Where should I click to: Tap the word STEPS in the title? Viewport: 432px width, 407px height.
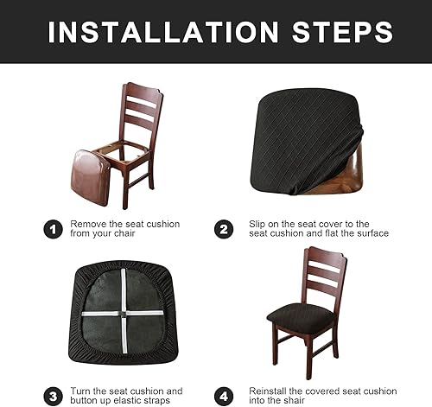coord(339,32)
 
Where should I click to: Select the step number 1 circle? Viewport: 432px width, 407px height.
coord(52,229)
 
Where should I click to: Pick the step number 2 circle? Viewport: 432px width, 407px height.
coord(224,229)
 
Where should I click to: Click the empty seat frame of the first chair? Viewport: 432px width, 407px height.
coord(121,156)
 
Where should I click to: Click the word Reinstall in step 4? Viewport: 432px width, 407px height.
coord(270,391)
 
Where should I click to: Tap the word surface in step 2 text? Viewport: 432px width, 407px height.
coord(370,234)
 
